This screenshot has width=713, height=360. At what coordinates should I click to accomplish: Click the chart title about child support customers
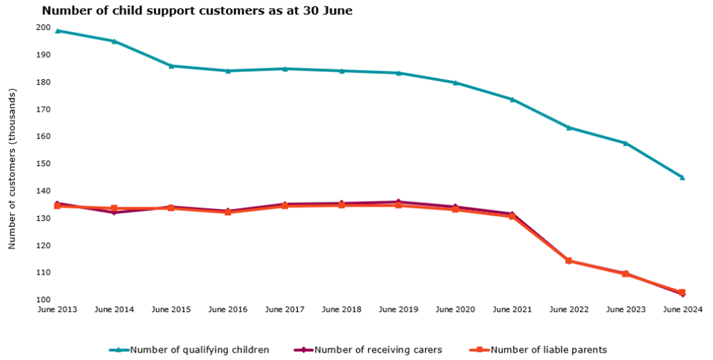click(x=197, y=11)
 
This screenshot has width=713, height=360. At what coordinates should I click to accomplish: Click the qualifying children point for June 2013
click(x=57, y=31)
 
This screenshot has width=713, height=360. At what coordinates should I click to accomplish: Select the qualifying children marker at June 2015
click(x=171, y=66)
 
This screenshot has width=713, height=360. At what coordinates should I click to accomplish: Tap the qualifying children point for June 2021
click(x=512, y=99)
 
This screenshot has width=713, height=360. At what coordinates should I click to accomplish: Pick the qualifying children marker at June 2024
click(x=682, y=178)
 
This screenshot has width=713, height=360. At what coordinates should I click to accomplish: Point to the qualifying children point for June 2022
click(x=569, y=128)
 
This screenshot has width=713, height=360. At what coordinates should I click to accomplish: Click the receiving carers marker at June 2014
click(x=114, y=212)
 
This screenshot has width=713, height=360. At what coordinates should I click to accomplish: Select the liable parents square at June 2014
click(x=114, y=208)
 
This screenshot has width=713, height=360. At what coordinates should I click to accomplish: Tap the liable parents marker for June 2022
click(x=569, y=261)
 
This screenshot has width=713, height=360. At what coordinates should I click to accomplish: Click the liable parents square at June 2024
click(x=682, y=292)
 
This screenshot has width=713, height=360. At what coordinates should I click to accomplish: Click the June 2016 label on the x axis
click(x=227, y=309)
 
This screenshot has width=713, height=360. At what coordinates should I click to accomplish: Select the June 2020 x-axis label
click(x=455, y=309)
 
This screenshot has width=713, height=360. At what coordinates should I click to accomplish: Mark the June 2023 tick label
click(x=625, y=309)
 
